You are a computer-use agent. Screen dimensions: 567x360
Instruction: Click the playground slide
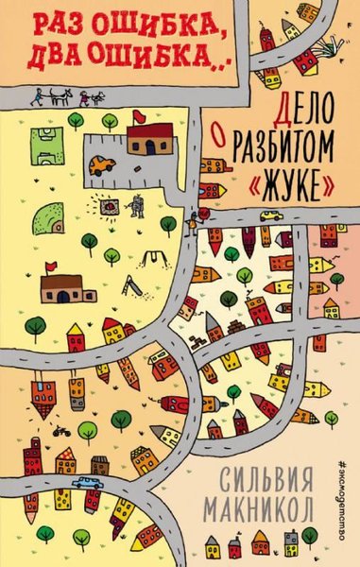(x=134, y=282)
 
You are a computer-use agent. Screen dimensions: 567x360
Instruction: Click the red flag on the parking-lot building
(x=138, y=117)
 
